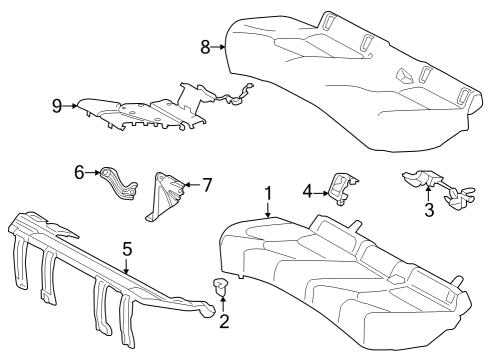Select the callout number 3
click(428, 209)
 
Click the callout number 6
click(79, 173)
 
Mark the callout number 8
click(205, 45)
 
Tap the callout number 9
click(56, 104)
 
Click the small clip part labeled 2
click(221, 288)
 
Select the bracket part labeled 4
click(342, 187)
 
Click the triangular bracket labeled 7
click(164, 194)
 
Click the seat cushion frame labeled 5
click(110, 270)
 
